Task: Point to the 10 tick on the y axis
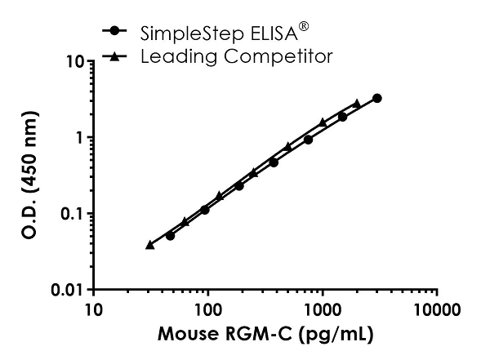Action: pyautogui.click(x=74, y=61)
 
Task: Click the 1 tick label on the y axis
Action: pyautogui.click(x=79, y=137)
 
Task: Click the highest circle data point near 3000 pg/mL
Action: pyautogui.click(x=377, y=98)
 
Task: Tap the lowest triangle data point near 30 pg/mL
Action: pyautogui.click(x=149, y=245)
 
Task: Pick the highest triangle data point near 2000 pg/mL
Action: pyautogui.click(x=357, y=104)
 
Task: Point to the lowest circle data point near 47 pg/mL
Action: pyautogui.click(x=170, y=235)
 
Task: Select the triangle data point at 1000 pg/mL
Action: pyautogui.click(x=323, y=122)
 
